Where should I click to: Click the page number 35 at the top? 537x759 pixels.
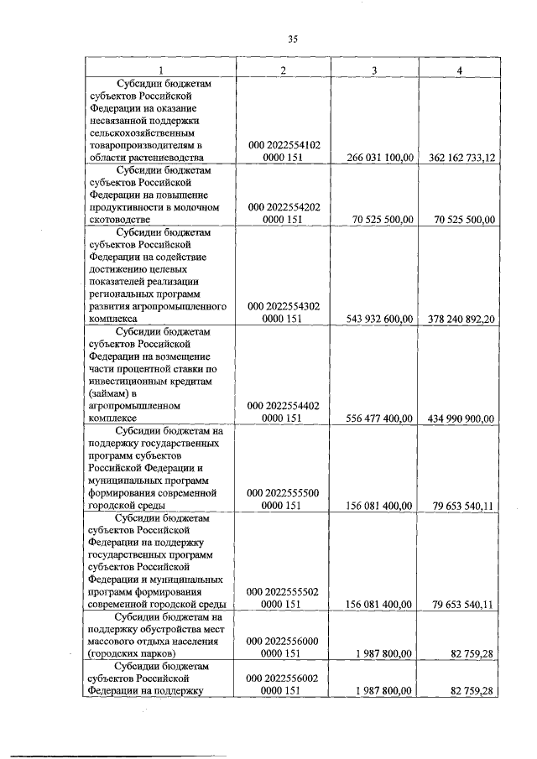tap(292, 38)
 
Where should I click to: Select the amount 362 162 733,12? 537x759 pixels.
tap(458, 157)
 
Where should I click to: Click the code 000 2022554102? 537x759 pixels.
tap(284, 144)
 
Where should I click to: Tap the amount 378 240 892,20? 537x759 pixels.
tap(458, 319)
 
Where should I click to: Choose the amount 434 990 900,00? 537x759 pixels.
tap(458, 418)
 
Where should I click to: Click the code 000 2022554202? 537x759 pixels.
tap(284, 206)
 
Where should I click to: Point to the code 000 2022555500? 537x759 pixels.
tap(284, 493)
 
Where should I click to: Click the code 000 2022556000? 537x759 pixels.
tap(284, 641)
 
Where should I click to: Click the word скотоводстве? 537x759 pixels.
tap(127, 220)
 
